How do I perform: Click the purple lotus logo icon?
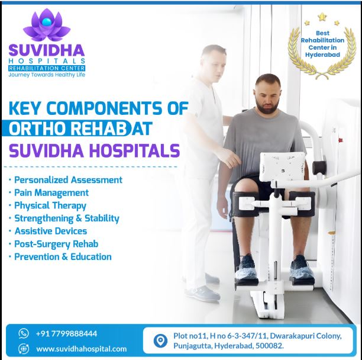(x=46, y=25)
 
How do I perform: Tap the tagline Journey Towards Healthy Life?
(x=47, y=75)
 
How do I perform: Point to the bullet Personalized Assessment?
(x=68, y=179)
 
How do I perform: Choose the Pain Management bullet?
(x=51, y=192)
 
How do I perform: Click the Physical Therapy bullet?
(x=50, y=205)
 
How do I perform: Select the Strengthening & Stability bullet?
(x=67, y=218)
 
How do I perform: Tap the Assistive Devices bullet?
(x=50, y=231)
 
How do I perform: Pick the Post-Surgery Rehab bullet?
(x=56, y=243)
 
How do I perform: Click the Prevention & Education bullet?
(x=63, y=256)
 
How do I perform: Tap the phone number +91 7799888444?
(x=66, y=333)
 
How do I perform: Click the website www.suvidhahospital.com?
(x=82, y=349)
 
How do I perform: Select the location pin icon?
(x=160, y=341)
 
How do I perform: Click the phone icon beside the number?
(x=24, y=333)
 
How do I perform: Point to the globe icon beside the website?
(x=24, y=349)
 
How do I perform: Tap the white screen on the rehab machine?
(x=283, y=166)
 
